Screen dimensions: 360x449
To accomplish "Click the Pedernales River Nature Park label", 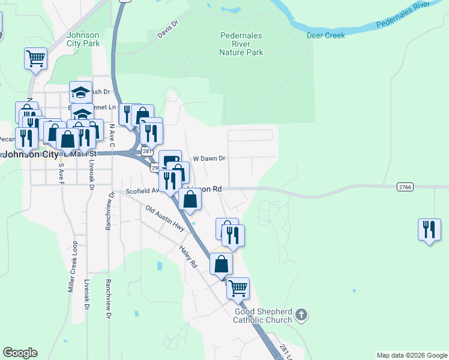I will pos(241,44).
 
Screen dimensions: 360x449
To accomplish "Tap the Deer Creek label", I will pos(326,36).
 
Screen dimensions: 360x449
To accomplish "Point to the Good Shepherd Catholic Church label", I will pos(263,316).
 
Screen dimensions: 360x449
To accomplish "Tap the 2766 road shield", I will pos(405,187).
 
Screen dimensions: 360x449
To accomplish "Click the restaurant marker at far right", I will pos(429,230).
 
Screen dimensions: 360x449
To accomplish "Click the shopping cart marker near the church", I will pos(238,288).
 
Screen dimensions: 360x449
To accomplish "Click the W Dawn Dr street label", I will pos(208,159).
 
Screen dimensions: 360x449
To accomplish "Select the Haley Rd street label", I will pos(188,256).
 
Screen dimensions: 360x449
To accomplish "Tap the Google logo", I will pos(20,353).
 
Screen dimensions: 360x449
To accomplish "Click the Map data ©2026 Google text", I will pos(412,355).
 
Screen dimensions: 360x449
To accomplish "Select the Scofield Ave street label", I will pos(142,191).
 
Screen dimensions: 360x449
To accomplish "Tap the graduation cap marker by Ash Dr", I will pos(80,92).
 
